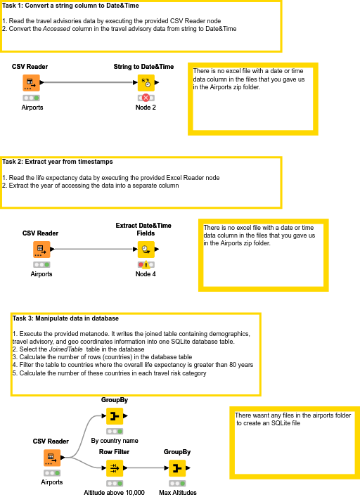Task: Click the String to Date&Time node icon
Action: coord(145,83)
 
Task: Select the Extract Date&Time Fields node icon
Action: coord(145,249)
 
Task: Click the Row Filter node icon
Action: coord(115,468)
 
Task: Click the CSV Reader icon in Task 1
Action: coord(30,83)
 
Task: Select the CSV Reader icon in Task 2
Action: coord(41,249)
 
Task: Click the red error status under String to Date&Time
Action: coord(146,98)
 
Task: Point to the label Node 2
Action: coord(146,108)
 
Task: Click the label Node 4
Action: coord(146,273)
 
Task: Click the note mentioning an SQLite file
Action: coord(293,420)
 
